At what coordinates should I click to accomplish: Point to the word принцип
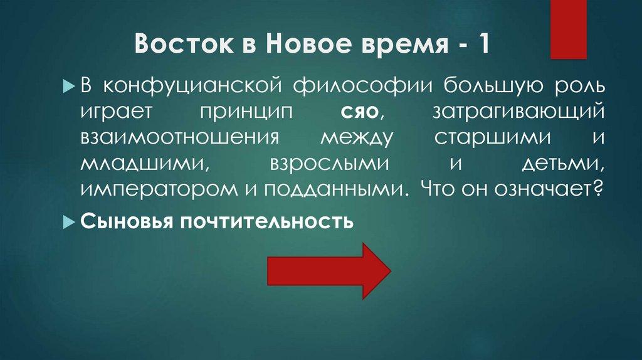coord(239,112)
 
